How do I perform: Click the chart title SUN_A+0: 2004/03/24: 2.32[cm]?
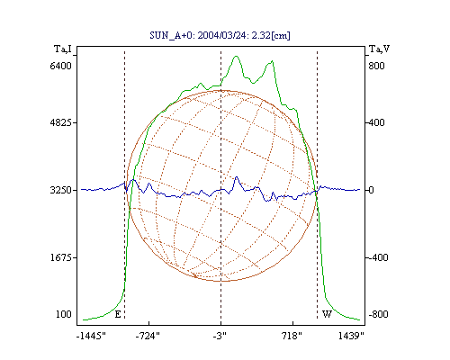coord(220,35)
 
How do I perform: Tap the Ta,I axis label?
coord(63,49)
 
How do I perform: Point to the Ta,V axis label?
coord(379,49)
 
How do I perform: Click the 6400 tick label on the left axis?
coord(61,66)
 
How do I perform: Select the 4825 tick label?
coord(61,122)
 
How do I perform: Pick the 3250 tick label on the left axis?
coord(61,190)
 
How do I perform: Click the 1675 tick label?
coord(61,257)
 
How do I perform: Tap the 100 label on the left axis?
coord(64,314)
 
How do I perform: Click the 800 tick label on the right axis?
coord(376,66)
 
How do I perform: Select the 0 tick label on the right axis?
coord(371,190)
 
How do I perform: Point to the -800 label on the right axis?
coord(378,314)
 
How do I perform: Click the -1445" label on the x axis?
coord(91,336)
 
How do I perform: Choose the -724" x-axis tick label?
coord(148,336)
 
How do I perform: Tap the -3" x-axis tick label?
coord(220,336)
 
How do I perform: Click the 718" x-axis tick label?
coord(292,336)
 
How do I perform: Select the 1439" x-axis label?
coord(351,336)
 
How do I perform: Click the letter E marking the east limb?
coord(118,314)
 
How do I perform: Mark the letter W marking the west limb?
coord(327,314)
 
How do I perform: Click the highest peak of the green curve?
coord(236,56)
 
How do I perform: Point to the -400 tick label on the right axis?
coord(378,257)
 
